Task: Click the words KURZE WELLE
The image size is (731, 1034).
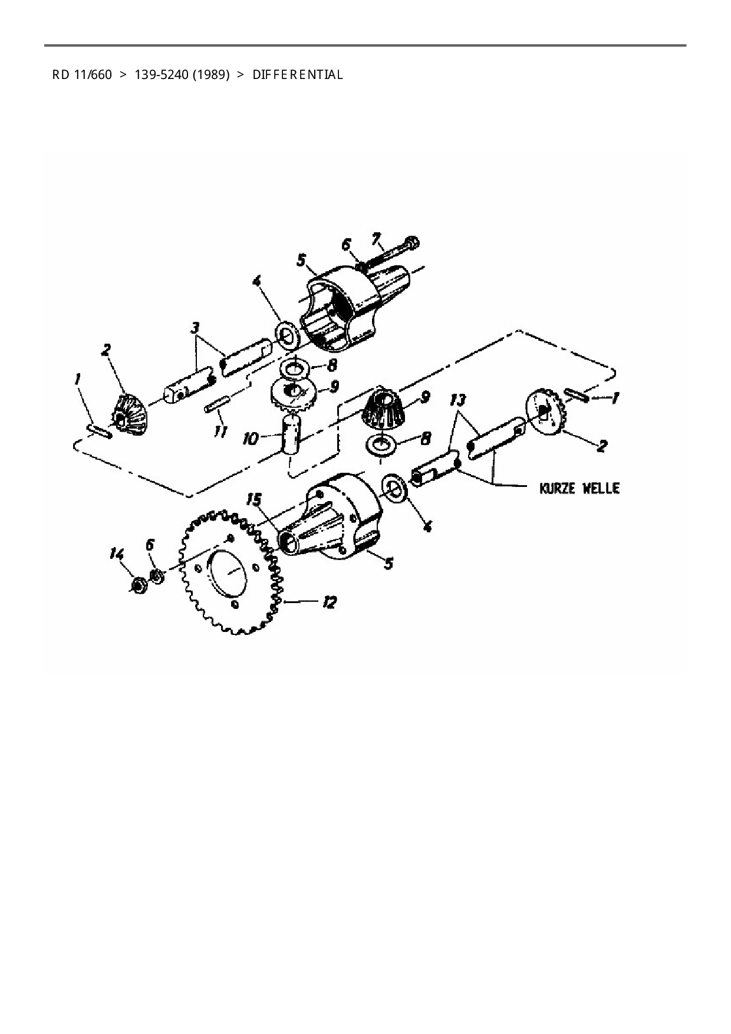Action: (579, 488)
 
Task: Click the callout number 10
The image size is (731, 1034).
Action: (250, 439)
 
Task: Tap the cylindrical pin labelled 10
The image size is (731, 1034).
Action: (292, 433)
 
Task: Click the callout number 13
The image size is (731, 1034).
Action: (457, 401)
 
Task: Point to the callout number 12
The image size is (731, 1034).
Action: (328, 602)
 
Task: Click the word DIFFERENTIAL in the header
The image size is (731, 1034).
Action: (298, 75)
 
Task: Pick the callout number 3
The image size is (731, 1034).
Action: (195, 327)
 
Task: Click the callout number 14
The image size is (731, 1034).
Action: (117, 554)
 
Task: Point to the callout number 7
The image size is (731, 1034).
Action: (376, 239)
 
